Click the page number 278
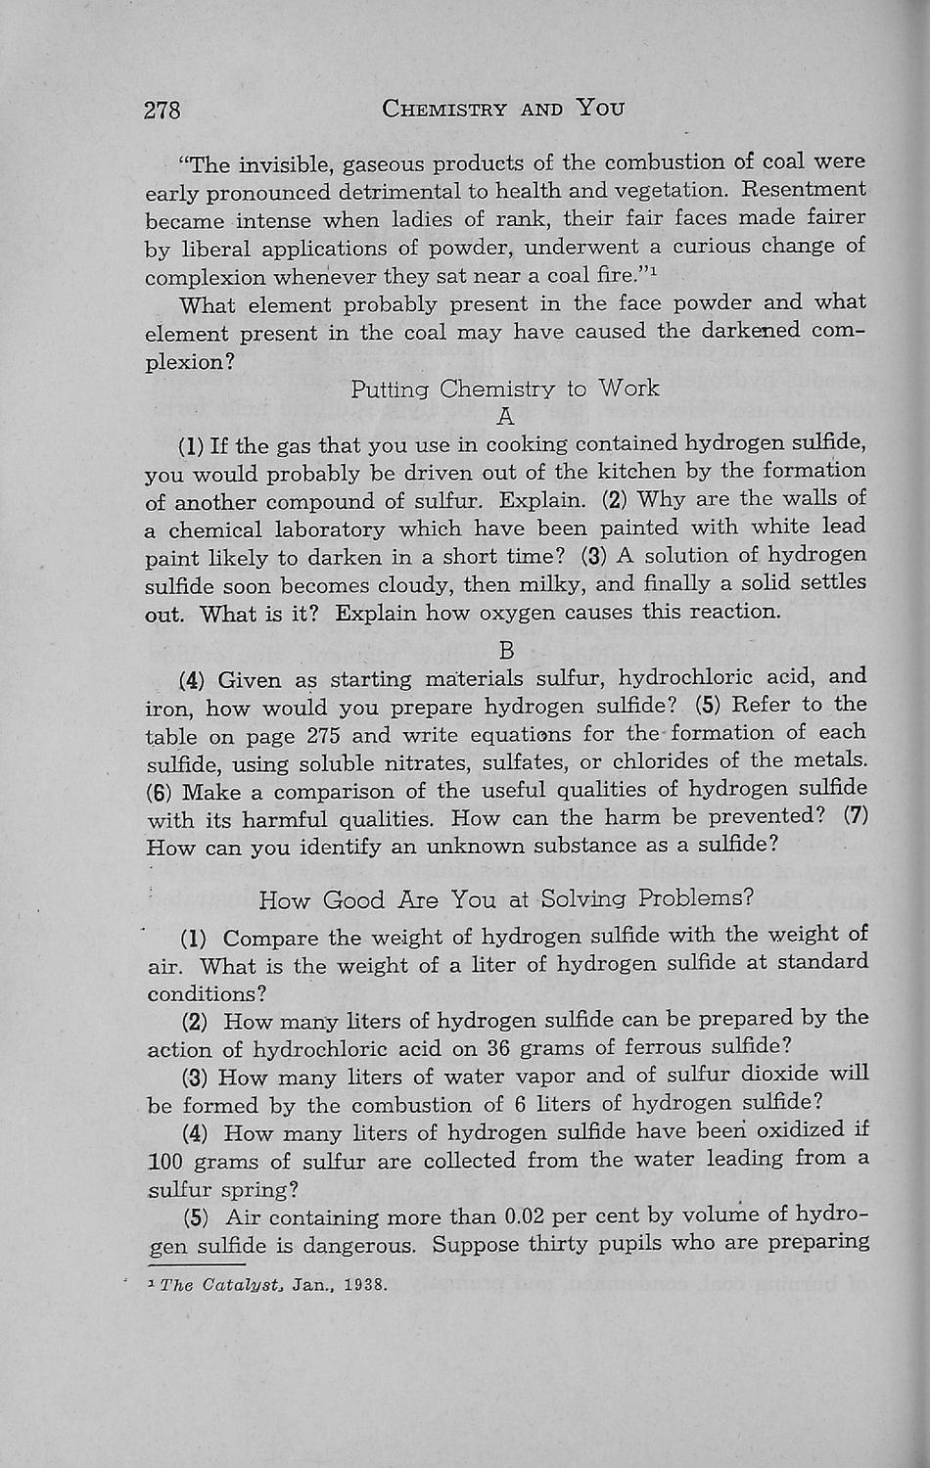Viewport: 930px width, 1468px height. pyautogui.click(x=163, y=110)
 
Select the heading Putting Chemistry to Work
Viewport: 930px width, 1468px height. pyautogui.click(x=505, y=389)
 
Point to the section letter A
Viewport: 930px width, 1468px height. pyautogui.click(x=505, y=418)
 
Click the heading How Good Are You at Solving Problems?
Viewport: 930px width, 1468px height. pyautogui.click(x=505, y=898)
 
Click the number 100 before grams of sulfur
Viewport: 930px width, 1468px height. pyautogui.click(x=166, y=1162)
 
